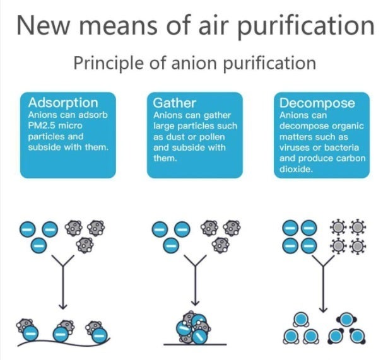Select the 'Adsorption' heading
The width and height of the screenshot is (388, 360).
point(63,103)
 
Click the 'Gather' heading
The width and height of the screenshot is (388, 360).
point(175,103)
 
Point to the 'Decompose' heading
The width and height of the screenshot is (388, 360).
point(317,103)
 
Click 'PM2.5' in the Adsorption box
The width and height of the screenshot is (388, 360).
point(44,125)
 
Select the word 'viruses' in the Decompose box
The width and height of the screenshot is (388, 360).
point(295,148)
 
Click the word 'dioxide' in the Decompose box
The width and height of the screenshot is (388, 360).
point(297,169)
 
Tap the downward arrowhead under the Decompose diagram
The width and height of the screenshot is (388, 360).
point(323,307)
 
